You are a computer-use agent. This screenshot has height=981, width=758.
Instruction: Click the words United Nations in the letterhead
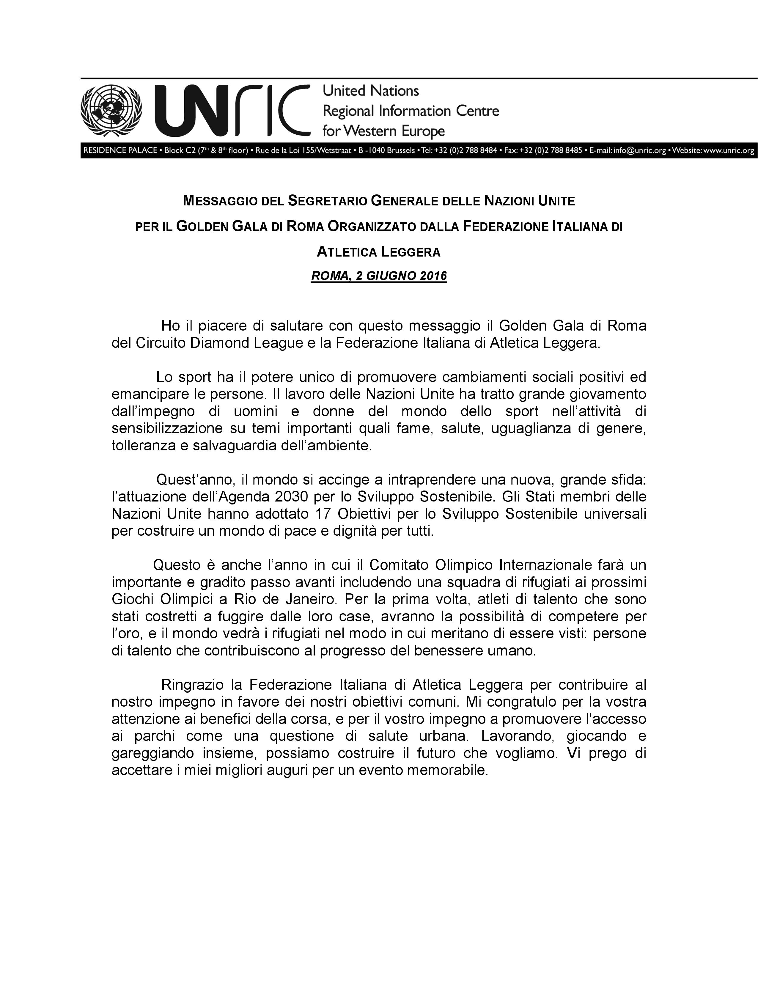371,91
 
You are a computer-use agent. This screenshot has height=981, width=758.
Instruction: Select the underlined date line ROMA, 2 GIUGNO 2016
379,275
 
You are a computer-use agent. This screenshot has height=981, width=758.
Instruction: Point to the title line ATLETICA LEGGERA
379,252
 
